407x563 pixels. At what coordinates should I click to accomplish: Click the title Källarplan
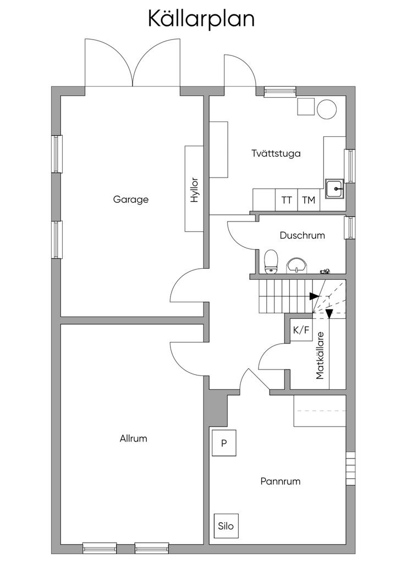201,19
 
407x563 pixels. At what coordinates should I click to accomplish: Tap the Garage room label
131,200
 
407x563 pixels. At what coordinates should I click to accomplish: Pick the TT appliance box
287,200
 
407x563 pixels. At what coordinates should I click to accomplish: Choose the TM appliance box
309,200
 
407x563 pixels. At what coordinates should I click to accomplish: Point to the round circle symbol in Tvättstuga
327,109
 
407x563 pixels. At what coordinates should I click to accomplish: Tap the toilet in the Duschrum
271,262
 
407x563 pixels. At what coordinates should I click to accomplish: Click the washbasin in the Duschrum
296,265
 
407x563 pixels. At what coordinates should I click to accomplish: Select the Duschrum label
302,235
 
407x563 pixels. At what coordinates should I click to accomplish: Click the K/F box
301,330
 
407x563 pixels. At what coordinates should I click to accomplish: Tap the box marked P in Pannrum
224,443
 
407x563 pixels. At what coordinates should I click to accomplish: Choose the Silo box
226,526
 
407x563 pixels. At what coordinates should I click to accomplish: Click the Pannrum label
280,481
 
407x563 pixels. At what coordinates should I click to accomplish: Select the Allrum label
134,439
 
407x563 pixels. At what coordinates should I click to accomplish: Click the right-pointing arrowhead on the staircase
313,296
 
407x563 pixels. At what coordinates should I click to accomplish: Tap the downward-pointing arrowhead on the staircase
329,314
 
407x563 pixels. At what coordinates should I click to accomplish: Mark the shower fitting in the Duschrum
326,271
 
